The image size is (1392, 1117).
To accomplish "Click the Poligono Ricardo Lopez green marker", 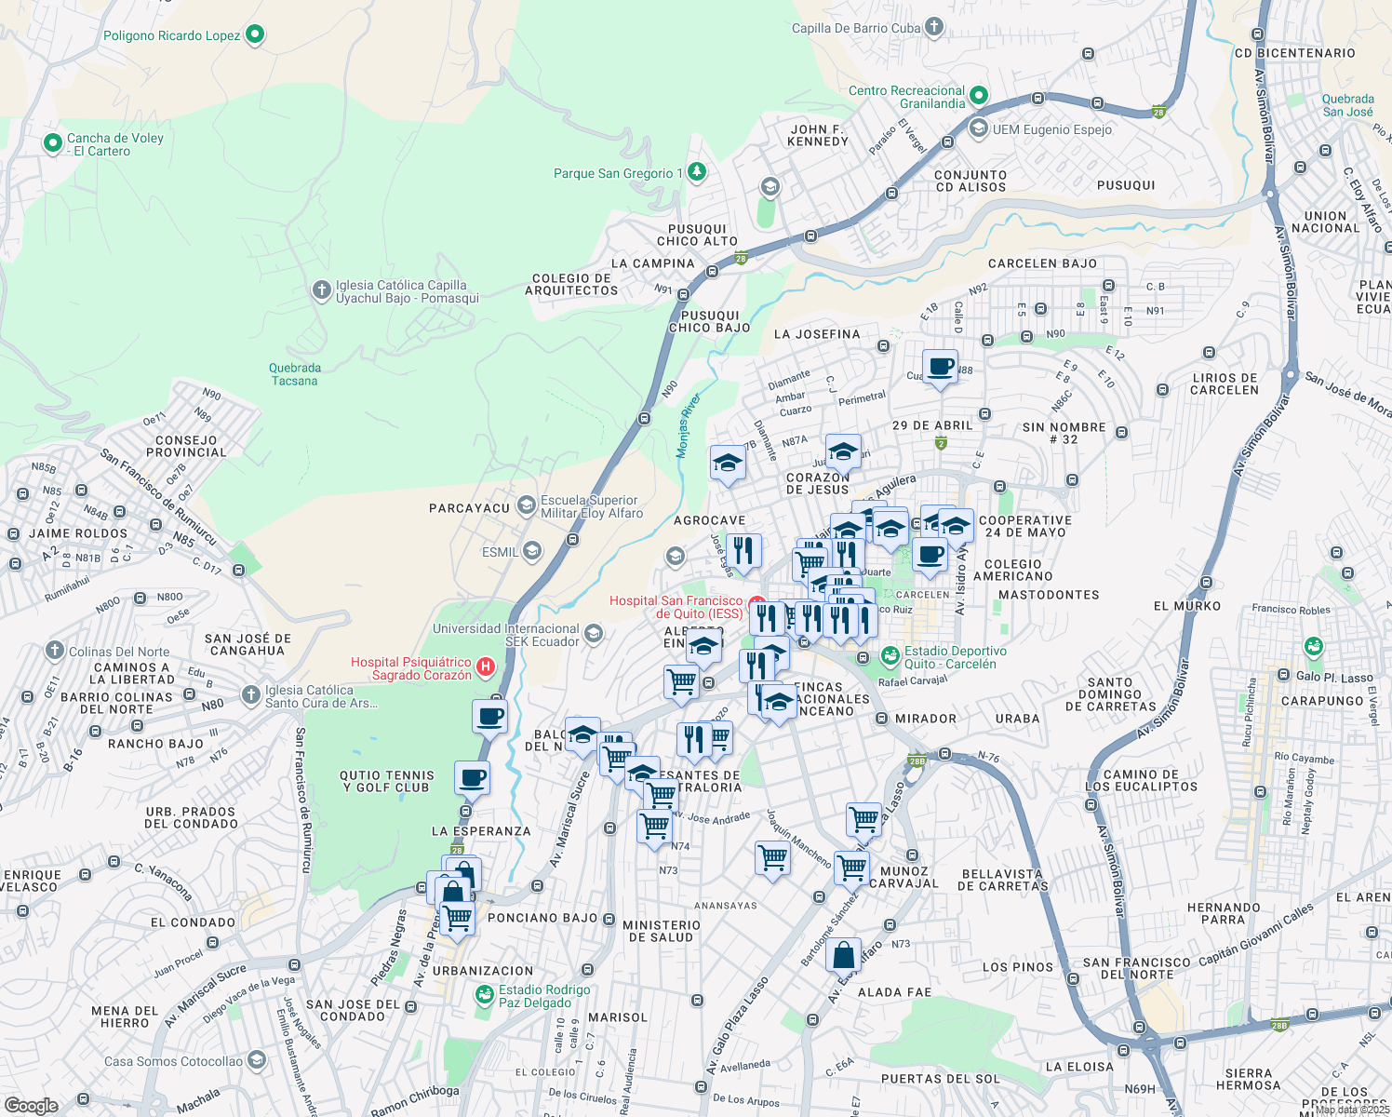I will tap(254, 35).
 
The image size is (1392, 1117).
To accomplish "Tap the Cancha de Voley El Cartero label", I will tap(114, 144).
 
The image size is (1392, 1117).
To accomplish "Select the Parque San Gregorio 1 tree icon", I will tap(696, 172).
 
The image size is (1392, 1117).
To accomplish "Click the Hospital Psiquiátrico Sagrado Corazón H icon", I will tap(485, 666).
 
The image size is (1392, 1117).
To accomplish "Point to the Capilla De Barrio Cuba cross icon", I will tap(934, 28).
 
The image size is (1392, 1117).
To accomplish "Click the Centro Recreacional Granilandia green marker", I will tap(978, 96).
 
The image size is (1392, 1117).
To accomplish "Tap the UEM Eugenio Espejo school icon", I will tap(978, 128).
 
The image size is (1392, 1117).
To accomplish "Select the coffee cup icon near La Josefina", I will tap(940, 366).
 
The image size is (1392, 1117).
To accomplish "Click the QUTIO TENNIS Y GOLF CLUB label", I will tap(386, 781).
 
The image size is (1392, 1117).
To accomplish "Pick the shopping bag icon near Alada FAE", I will tap(843, 955).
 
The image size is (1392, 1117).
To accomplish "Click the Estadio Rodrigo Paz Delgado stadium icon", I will tap(484, 996).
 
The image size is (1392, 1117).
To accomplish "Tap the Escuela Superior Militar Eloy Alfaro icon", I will tap(527, 505).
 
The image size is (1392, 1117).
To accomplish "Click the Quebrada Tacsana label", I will tap(295, 374).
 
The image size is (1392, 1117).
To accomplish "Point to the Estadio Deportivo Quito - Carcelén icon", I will tap(890, 657).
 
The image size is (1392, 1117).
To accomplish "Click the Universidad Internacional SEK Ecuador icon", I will tap(594, 635).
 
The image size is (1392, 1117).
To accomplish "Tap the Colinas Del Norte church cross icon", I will tap(55, 651).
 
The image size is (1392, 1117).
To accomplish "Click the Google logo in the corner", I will tap(31, 1105).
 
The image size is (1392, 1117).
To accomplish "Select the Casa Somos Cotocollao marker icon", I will tap(257, 1060).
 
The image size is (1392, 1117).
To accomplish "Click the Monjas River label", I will tap(689, 425).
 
